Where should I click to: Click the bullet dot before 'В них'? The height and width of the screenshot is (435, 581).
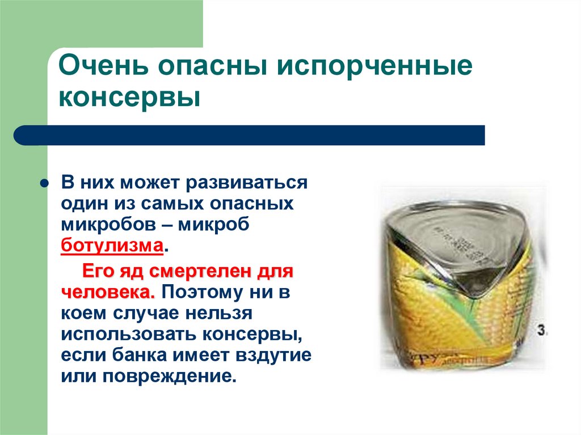[43, 185]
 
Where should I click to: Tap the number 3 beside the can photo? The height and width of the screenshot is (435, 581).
[541, 331]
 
